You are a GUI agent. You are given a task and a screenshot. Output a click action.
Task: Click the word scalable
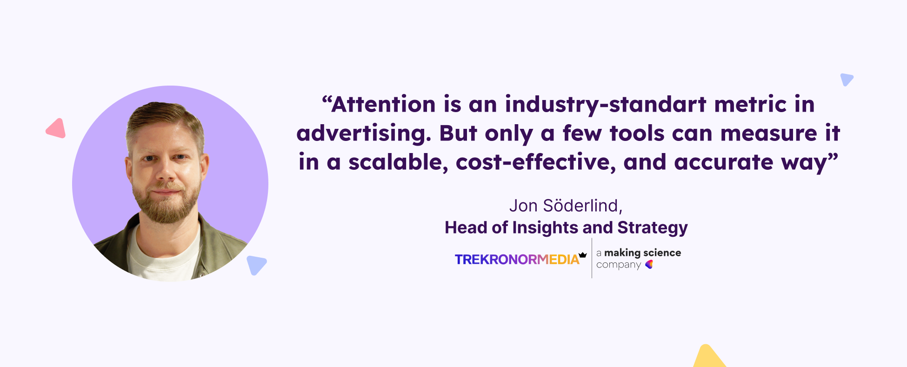(398, 162)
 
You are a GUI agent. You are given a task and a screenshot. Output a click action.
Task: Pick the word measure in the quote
(768, 133)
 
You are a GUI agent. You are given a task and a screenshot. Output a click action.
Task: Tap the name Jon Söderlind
(566, 206)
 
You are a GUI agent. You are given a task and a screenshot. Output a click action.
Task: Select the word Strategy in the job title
(653, 228)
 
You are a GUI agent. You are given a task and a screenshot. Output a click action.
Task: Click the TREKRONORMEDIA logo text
(517, 260)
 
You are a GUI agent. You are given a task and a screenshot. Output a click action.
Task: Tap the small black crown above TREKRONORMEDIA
(583, 255)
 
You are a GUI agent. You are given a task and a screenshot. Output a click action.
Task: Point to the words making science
(643, 253)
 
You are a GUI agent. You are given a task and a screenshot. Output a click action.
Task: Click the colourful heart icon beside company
(649, 264)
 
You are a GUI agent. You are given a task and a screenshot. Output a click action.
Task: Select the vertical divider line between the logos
(592, 258)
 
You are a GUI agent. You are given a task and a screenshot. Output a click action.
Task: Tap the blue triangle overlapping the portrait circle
(256, 265)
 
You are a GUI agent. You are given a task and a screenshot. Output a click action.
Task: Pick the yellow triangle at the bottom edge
(708, 356)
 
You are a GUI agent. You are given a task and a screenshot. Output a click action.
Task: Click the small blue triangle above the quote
(846, 79)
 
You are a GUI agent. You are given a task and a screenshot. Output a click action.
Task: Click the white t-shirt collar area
(163, 251)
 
